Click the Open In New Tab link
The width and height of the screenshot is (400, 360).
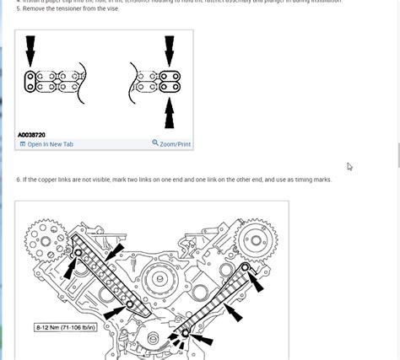point(50,144)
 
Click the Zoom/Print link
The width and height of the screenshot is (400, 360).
point(175,144)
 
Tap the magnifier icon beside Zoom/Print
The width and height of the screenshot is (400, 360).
point(155,143)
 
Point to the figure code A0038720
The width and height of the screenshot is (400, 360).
point(31,134)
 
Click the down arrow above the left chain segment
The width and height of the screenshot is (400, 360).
point(31,51)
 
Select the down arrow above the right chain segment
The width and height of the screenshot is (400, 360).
point(170,51)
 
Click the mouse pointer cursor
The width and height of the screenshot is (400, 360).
point(349,167)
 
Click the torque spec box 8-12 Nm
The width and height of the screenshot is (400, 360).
point(52,325)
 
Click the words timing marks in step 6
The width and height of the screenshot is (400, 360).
point(312,180)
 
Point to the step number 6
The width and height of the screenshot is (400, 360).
point(18,180)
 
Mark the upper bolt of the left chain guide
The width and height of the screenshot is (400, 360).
point(78,253)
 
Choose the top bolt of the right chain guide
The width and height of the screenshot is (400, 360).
point(246,268)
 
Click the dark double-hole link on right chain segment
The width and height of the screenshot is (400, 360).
point(170,82)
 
